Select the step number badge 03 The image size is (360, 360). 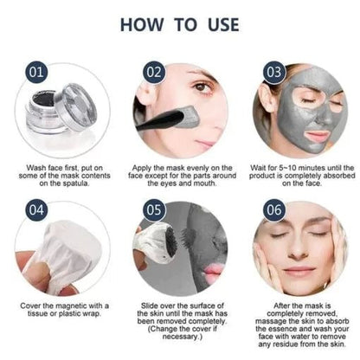click(272, 69)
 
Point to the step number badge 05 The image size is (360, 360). click(153, 209)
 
